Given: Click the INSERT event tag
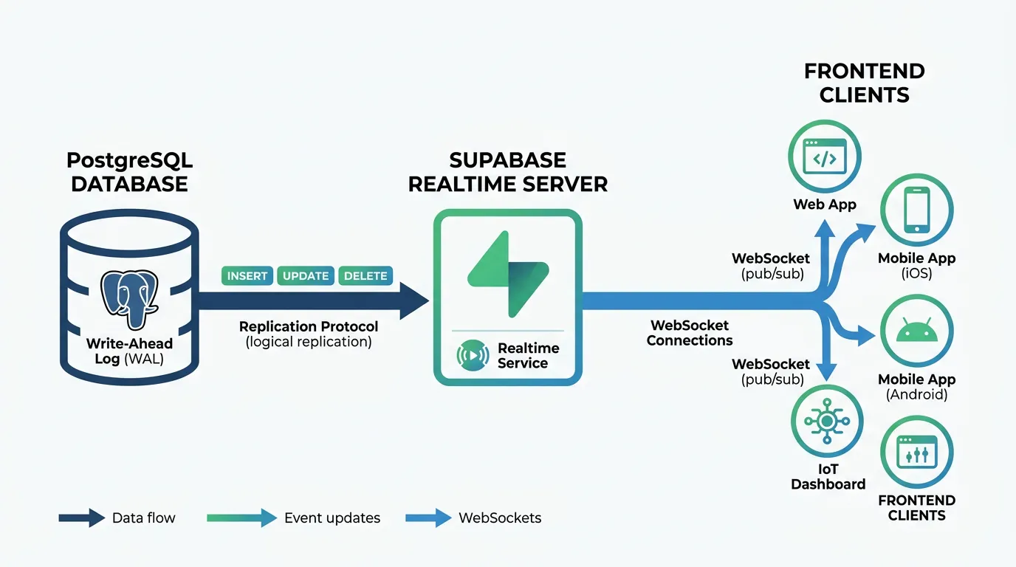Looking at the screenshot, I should tap(247, 275).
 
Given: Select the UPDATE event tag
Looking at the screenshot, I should tap(306, 275).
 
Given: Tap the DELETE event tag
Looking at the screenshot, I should tap(365, 275).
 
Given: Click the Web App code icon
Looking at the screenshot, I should tap(824, 157).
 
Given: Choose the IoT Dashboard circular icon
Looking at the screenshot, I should tap(826, 422).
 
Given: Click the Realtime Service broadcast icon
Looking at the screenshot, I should tap(473, 355).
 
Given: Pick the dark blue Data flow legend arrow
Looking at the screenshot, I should tap(81, 518).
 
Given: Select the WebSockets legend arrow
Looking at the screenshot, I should tap(428, 518).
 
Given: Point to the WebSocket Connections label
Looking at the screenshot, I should tap(690, 333).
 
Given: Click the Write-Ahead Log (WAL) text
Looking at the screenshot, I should tap(129, 351).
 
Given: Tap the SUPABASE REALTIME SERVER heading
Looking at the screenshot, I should tap(508, 172).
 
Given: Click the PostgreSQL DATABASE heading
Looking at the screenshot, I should tap(129, 172).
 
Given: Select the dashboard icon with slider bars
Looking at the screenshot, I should tap(916, 452).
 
